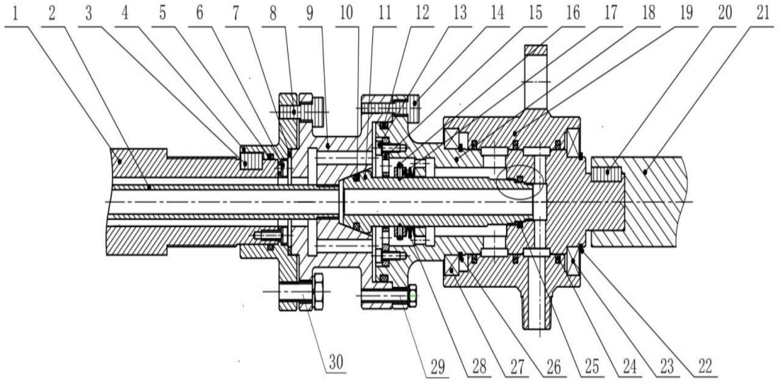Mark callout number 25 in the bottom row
591,366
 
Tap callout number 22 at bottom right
705,366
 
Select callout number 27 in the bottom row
516,366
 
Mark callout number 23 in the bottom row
667,366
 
